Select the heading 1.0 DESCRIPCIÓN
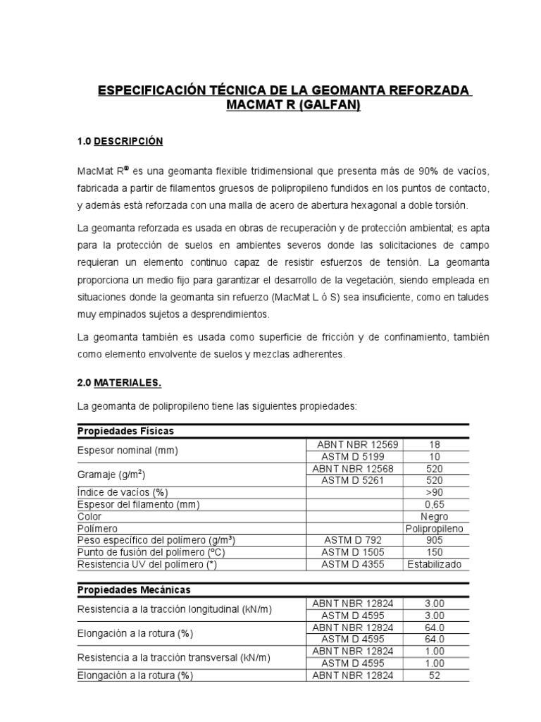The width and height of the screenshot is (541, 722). click(x=120, y=142)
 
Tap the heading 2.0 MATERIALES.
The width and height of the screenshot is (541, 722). click(x=119, y=383)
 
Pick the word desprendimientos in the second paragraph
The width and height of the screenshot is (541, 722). click(x=230, y=314)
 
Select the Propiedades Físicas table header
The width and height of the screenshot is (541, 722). click(x=125, y=431)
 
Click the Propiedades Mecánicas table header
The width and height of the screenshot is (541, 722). click(x=133, y=589)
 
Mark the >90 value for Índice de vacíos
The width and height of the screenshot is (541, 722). click(x=434, y=491)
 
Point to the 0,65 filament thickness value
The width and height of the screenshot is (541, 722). click(x=434, y=504)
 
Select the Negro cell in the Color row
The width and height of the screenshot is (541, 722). click(x=434, y=516)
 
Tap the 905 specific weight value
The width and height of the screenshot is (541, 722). click(x=434, y=540)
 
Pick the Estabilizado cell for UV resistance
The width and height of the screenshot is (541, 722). click(x=434, y=564)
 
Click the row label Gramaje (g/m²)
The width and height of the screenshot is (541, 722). click(x=111, y=475)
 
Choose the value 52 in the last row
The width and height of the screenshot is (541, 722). click(x=434, y=675)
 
